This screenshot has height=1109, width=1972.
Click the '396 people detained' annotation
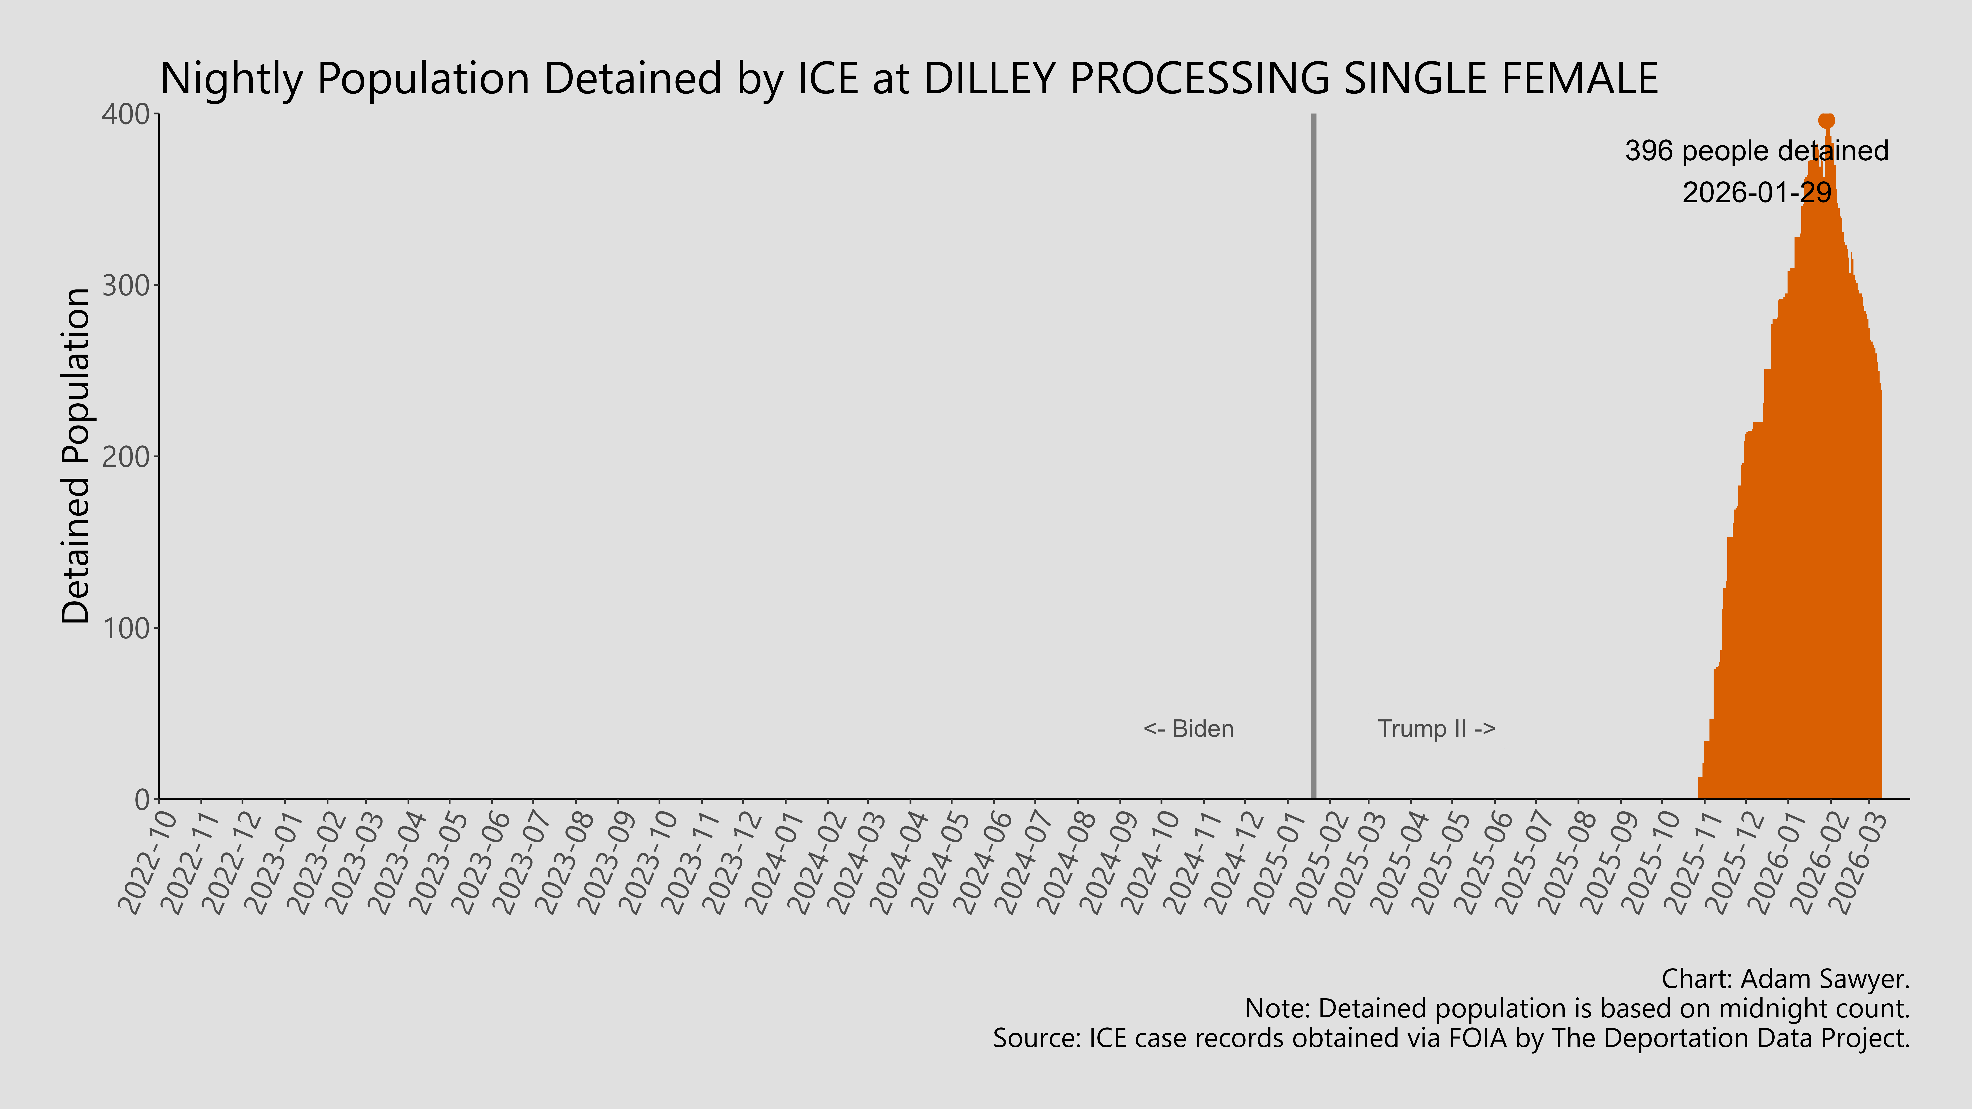pos(1756,151)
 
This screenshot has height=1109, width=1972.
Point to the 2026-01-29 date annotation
pos(1756,192)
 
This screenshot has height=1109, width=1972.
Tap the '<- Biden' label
pos(1188,729)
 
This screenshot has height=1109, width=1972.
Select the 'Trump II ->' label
pos(1436,729)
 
